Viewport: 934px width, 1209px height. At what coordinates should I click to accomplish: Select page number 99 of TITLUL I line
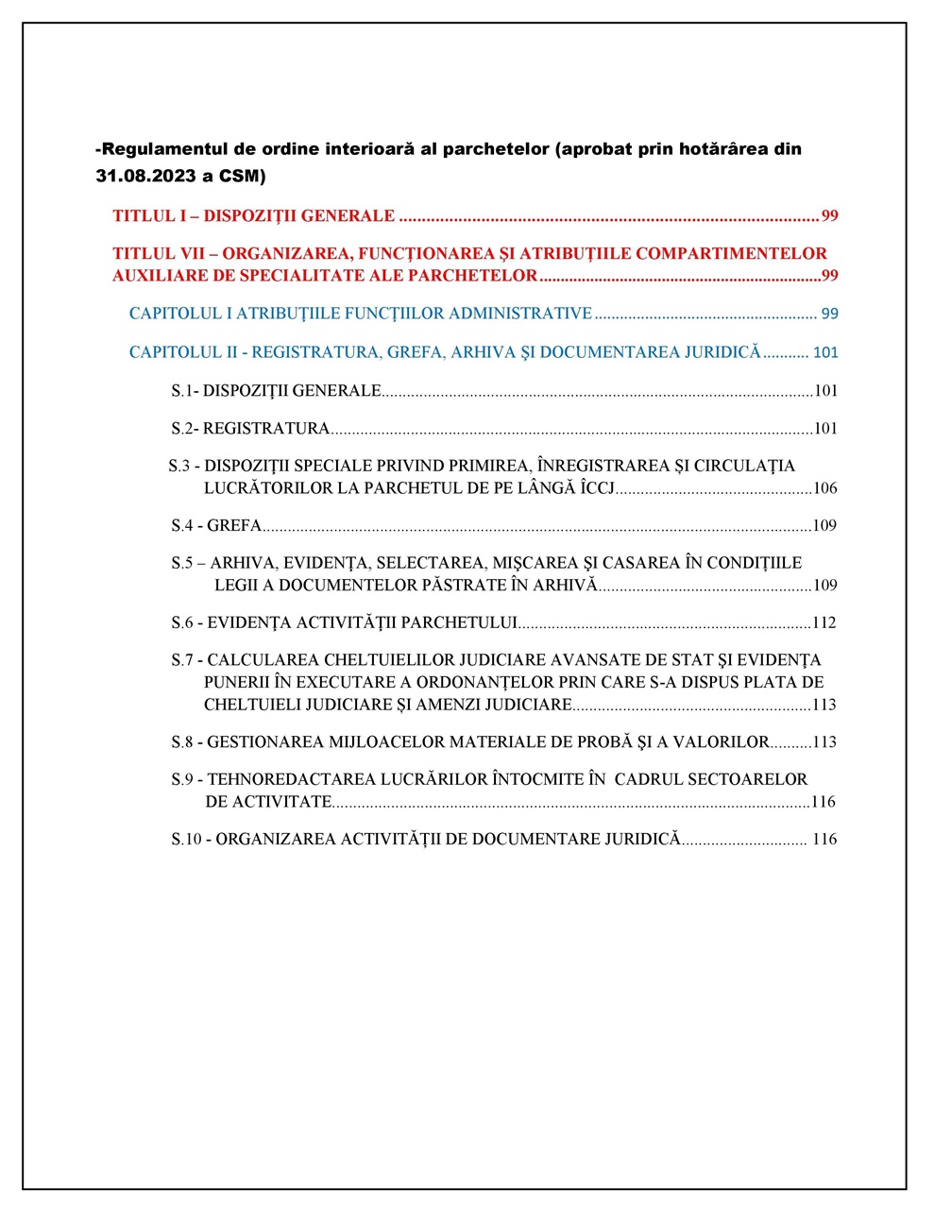coord(829,216)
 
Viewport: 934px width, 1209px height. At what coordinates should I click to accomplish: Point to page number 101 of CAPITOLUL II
coord(825,352)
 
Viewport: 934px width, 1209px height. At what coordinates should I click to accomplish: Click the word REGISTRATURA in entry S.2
coord(266,429)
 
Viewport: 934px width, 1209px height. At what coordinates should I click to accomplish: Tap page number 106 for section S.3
coord(824,489)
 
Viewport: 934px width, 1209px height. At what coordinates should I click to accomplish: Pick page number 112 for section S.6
coord(824,623)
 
